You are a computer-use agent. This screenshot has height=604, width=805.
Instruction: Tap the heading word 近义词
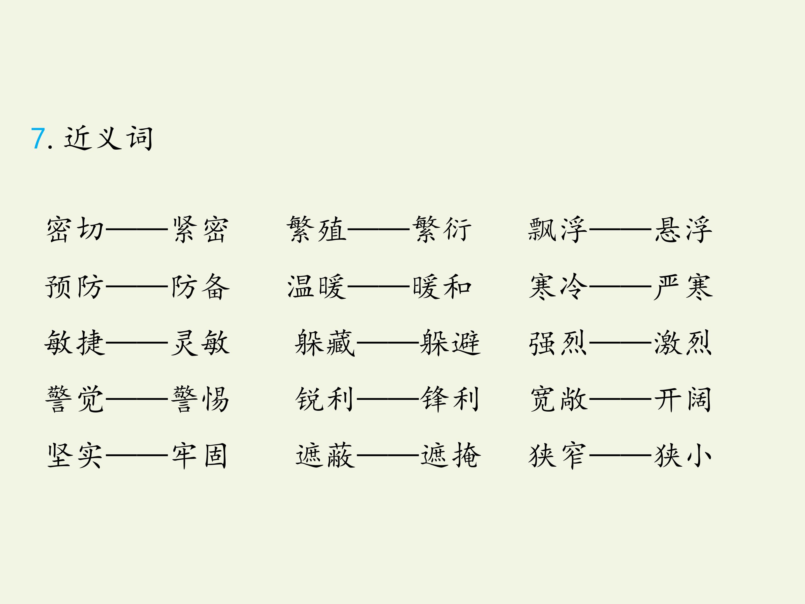[x=108, y=138]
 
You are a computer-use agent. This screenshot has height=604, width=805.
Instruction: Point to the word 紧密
[x=200, y=229]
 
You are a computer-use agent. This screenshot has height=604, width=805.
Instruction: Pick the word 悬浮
[x=683, y=229]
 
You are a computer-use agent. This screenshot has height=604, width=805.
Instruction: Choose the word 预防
[x=75, y=287]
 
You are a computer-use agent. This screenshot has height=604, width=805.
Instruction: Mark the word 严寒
[x=683, y=287]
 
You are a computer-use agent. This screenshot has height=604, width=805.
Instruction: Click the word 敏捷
[x=75, y=343]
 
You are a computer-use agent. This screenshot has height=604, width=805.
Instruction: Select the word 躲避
[x=450, y=343]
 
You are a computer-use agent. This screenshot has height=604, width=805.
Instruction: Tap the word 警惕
[x=200, y=399]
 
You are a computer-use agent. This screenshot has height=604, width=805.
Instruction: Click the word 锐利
[x=324, y=399]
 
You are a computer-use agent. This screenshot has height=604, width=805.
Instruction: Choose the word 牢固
[x=199, y=456]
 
